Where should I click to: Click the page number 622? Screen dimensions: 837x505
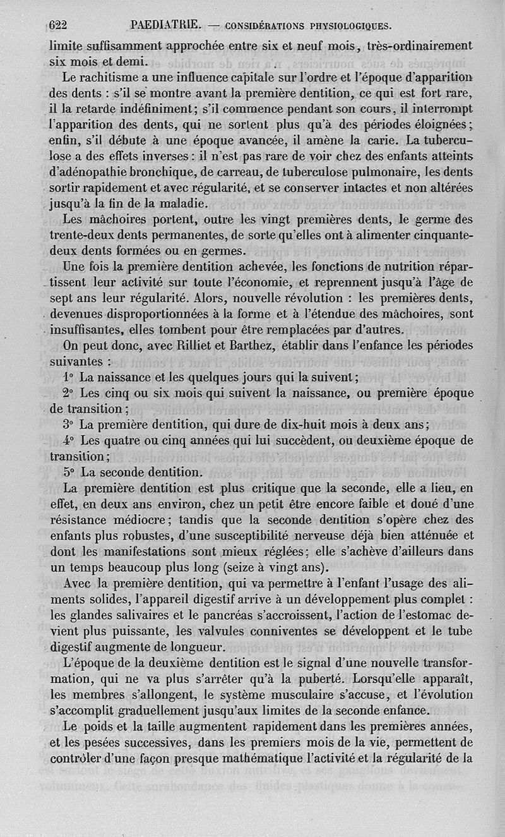click(58, 26)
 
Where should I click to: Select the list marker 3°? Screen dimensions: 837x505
click(69, 424)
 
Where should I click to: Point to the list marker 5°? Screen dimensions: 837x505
click(69, 471)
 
